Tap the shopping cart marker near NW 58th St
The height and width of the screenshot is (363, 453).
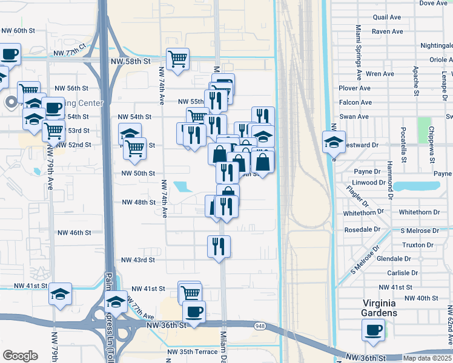pyautogui.click(x=178, y=59)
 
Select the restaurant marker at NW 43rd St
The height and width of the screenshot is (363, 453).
pyautogui.click(x=219, y=246)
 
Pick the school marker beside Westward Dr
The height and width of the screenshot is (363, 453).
pyautogui.click(x=334, y=143)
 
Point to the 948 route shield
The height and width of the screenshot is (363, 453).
pyautogui.click(x=259, y=326)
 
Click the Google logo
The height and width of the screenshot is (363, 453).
pyautogui.click(x=20, y=356)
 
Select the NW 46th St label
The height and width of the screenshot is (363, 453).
pyautogui.click(x=74, y=232)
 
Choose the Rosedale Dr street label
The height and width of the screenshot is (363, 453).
pyautogui.click(x=362, y=230)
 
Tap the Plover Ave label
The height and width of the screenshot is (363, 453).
pyautogui.click(x=355, y=88)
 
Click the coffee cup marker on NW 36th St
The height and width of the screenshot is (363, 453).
pyautogui.click(x=194, y=312)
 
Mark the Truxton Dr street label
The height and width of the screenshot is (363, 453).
pyautogui.click(x=418, y=245)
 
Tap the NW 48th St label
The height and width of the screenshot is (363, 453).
pyautogui.click(x=139, y=202)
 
